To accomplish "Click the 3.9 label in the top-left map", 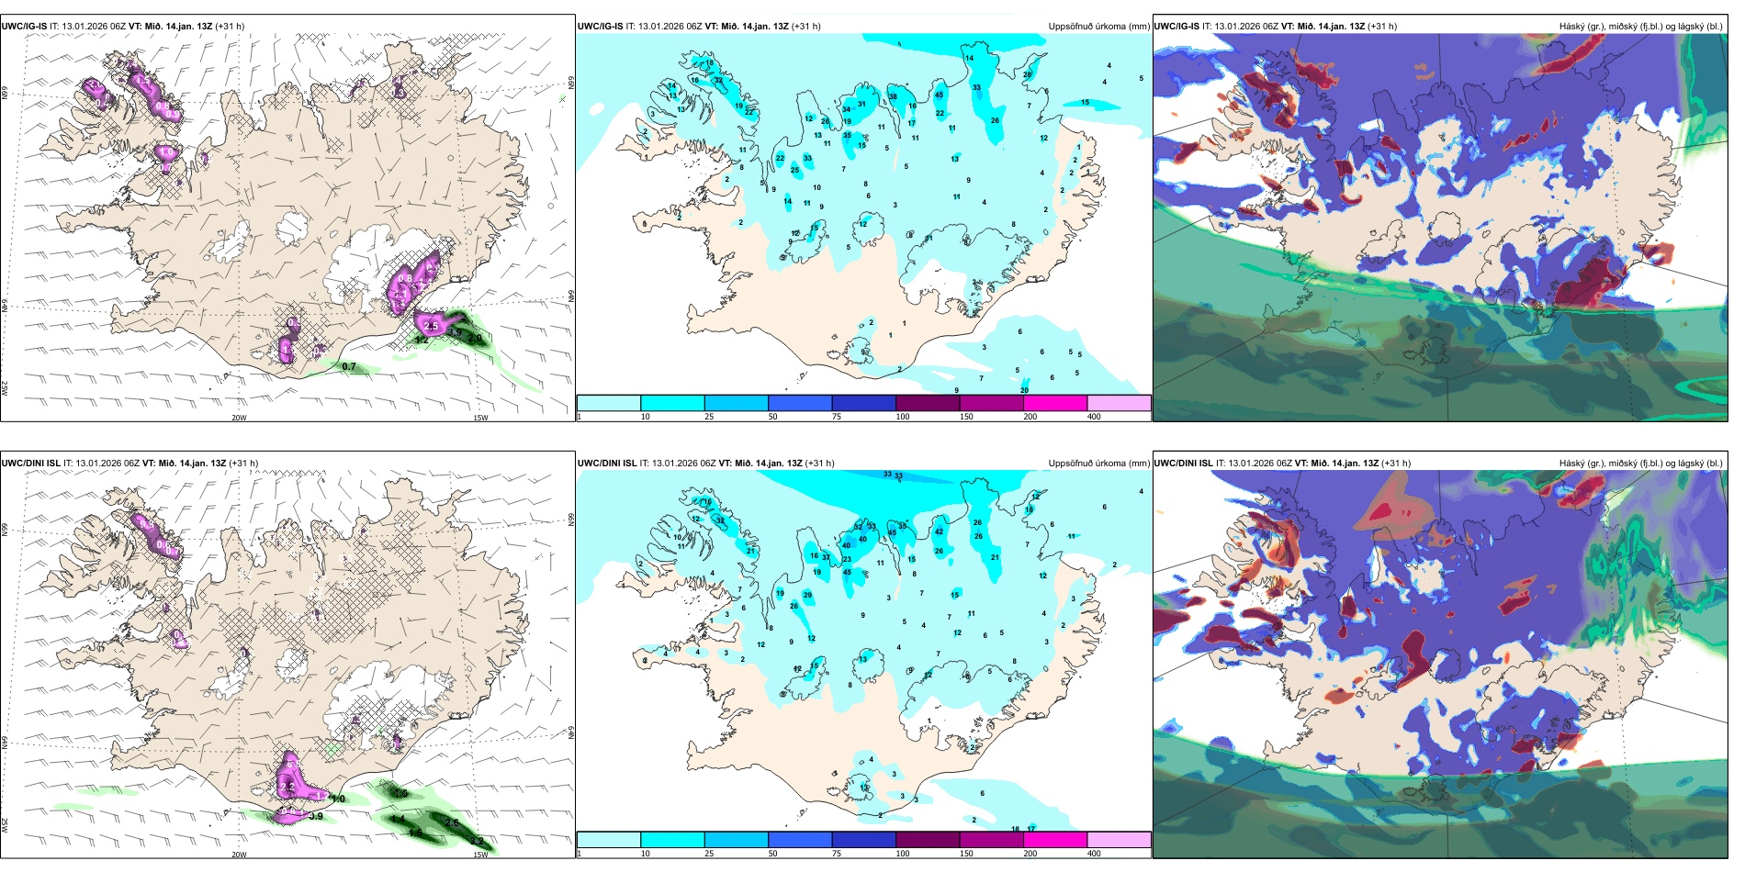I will tap(455, 332).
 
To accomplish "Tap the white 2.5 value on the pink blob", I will tap(431, 326).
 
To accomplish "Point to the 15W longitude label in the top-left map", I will tap(479, 418).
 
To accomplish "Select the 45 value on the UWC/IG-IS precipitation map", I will tap(939, 95).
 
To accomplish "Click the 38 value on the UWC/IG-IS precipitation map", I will tap(893, 96).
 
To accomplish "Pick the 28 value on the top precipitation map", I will tap(1027, 74).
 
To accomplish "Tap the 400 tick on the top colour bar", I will tap(1094, 417).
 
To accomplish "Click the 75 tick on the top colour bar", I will tap(837, 417).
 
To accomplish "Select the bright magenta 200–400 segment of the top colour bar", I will tap(1054, 403).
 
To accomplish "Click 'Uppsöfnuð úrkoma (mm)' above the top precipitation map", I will tap(1098, 27).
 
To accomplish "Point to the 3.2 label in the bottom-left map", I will tap(476, 841).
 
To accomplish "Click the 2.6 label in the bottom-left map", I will tap(452, 822).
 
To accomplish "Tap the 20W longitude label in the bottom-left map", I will tap(239, 855).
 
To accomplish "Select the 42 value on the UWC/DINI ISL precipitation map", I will tap(939, 531).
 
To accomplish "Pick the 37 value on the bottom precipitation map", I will tap(826, 557).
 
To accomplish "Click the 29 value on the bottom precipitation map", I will tap(807, 595).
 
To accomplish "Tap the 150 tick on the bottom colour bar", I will tap(966, 854).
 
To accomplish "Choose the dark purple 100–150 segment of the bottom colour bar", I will tap(927, 840).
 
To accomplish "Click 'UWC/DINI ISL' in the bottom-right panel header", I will tap(1183, 464).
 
